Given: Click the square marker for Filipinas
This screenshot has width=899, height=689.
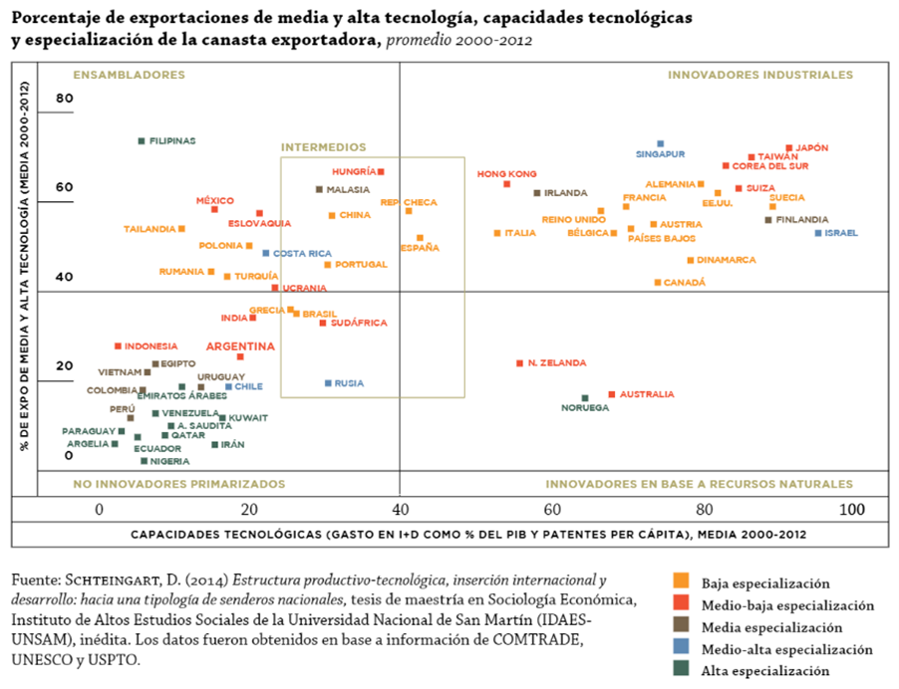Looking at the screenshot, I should [142, 141].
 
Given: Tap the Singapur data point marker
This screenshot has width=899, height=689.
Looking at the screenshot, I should [660, 144].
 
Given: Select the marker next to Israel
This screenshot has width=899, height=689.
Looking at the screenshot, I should [818, 233].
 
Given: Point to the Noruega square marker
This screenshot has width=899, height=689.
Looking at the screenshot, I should [585, 398].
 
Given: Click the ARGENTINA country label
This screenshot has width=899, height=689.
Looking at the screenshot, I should [240, 346].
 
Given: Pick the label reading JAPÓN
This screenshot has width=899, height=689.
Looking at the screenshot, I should [811, 148].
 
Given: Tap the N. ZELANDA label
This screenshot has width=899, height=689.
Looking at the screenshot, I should [557, 363].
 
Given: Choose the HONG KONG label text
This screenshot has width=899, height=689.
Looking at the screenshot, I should [506, 174].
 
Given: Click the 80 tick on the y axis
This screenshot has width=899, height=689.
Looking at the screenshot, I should [65, 98].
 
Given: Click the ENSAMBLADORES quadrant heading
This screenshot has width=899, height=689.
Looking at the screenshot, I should [130, 75].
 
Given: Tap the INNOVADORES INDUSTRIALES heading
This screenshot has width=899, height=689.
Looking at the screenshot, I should [759, 75].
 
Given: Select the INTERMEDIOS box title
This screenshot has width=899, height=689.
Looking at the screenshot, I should [323, 147].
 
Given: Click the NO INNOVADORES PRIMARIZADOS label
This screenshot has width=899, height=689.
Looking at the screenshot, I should [178, 484].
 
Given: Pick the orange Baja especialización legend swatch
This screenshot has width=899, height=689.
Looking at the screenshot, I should [681, 581].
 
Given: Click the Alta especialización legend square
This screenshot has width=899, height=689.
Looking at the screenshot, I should [681, 670].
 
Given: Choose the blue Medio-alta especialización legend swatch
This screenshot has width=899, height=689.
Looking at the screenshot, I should [681, 648].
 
